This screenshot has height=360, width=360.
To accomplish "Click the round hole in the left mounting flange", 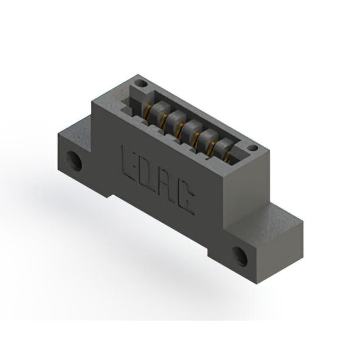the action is point(74,161).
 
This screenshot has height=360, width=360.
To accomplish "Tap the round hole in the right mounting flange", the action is point(240,256).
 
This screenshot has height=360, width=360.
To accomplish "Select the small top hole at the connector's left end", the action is point(142,83).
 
